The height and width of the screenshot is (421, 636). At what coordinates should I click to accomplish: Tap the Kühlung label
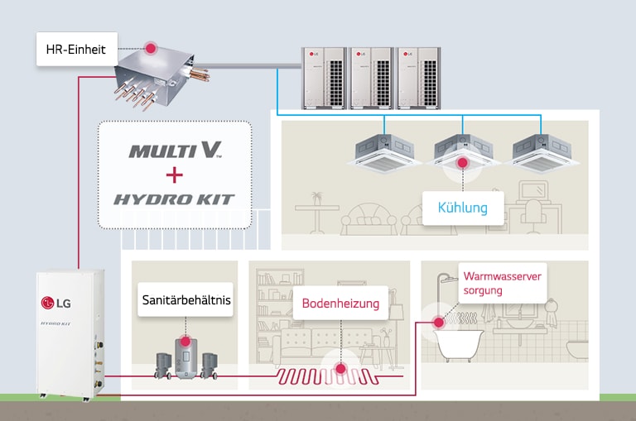pos(463,207)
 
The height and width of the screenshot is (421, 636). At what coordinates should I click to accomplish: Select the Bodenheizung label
pos(340,304)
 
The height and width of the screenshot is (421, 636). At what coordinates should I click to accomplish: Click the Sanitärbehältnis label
pos(185,301)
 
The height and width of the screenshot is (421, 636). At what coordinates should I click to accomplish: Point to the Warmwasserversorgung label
pos(502,284)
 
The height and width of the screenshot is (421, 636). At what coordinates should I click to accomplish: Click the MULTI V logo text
pos(175,151)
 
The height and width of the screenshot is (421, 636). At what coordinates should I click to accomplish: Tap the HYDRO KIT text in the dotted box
pos(174,199)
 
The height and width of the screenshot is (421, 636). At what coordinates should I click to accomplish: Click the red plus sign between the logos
pos(174,175)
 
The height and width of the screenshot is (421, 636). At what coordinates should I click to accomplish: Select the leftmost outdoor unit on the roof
pos(323,76)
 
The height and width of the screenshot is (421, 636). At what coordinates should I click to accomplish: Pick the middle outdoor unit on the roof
pos(370,76)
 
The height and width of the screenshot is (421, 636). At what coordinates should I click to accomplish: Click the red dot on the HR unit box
pos(151,49)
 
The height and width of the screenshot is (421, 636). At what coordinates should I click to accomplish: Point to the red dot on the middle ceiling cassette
pos(463,163)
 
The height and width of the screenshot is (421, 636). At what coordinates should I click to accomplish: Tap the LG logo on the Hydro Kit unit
pos(55,301)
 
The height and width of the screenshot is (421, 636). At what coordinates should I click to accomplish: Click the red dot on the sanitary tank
pos(185,340)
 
